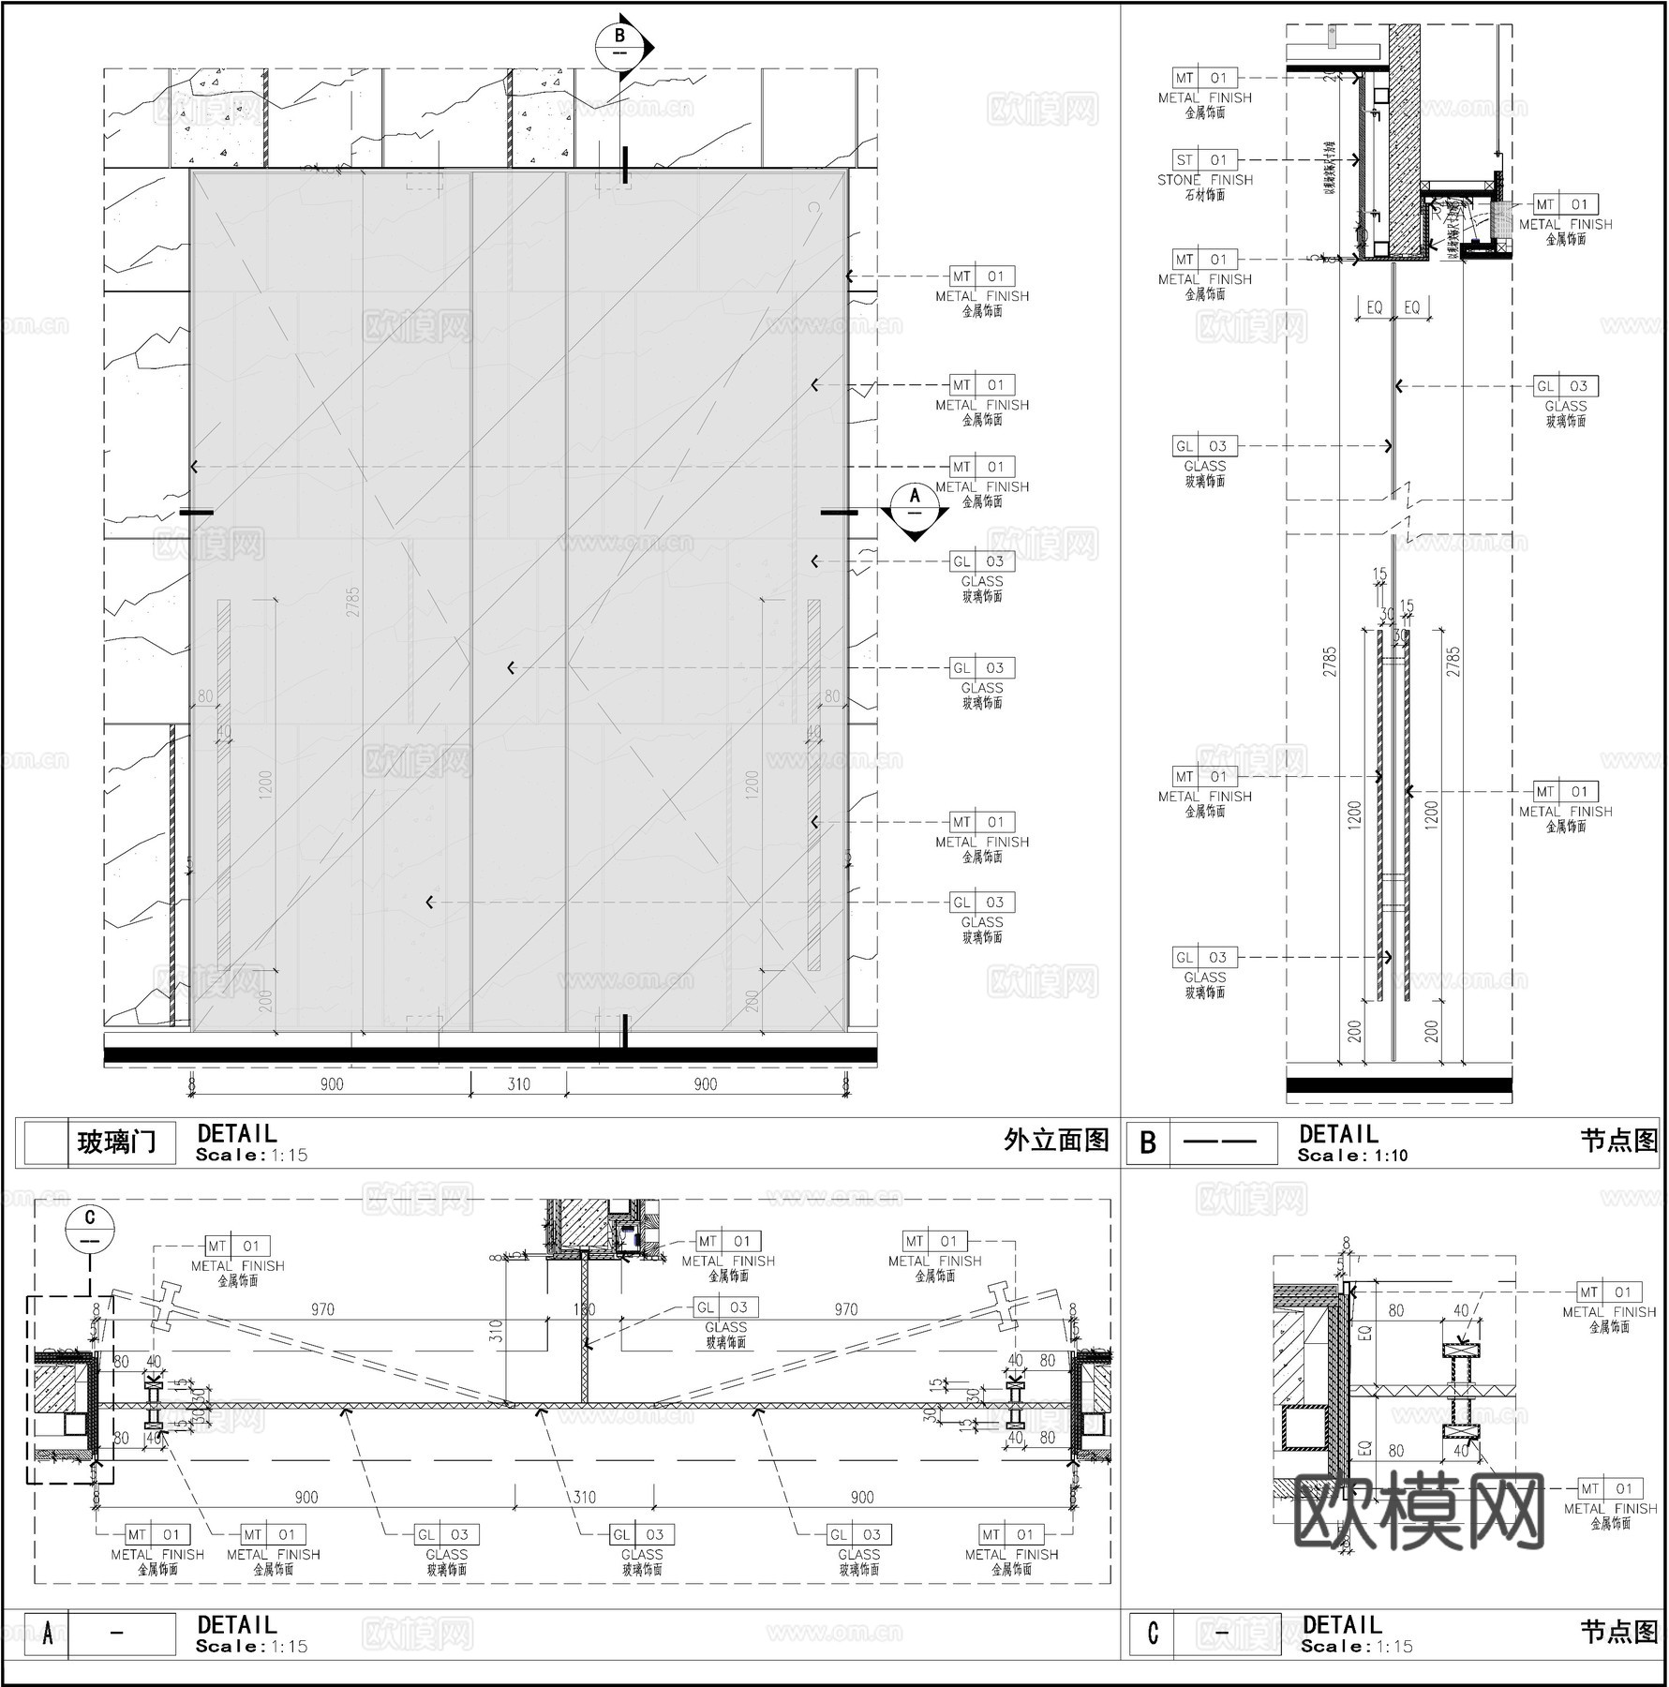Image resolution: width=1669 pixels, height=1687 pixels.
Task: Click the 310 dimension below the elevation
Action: (518, 1084)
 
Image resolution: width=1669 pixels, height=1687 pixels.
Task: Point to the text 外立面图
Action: (1056, 1141)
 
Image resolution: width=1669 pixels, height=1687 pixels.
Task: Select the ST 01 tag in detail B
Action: (1204, 160)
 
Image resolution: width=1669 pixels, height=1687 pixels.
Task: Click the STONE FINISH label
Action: (1204, 180)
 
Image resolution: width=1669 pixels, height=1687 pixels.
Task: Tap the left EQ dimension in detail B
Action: (1374, 307)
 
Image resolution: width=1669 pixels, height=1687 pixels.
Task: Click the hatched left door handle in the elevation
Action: (224, 785)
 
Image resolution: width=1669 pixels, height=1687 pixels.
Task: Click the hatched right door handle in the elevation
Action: (813, 785)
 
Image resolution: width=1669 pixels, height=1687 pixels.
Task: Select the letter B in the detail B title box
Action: (1148, 1143)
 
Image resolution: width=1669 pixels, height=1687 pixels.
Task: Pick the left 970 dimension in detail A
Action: (322, 1309)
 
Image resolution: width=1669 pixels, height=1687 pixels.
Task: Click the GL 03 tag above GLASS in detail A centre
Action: (725, 1307)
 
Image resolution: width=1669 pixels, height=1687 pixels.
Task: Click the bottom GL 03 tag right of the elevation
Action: (981, 903)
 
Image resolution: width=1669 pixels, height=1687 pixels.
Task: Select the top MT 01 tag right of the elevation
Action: (981, 276)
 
